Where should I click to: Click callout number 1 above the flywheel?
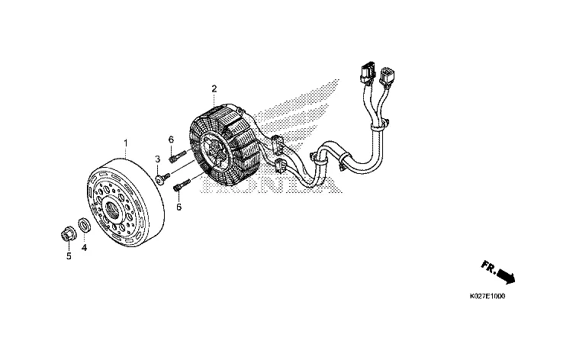[x=126, y=143]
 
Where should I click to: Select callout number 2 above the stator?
[x=214, y=89]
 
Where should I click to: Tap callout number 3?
[x=157, y=159]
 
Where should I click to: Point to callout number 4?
[x=85, y=247]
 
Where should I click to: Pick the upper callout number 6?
[x=172, y=140]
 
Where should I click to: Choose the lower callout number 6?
[x=179, y=206]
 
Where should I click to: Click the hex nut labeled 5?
[x=66, y=233]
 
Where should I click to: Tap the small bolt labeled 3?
[x=162, y=179]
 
